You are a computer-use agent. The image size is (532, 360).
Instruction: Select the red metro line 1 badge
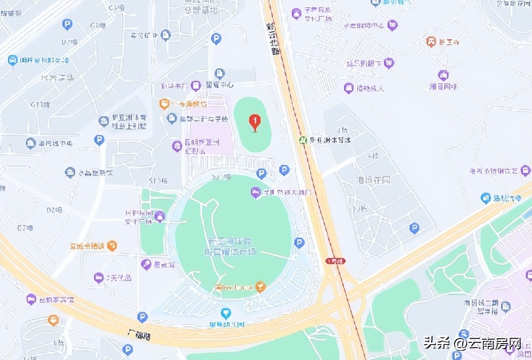tap(335, 261)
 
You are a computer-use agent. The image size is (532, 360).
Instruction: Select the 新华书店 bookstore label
tap(175, 85)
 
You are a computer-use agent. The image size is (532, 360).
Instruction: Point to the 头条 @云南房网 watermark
tap(472, 343)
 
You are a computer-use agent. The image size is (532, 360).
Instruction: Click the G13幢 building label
tap(40, 105)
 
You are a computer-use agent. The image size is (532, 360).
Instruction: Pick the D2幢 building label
tap(54, 210)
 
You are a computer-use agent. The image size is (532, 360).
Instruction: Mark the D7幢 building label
tap(26, 228)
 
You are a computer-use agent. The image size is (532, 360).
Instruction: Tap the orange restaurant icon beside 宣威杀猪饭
tap(112, 245)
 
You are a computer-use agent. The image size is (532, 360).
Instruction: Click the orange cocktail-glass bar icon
tap(261, 287)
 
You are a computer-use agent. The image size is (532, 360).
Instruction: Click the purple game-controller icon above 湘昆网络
tap(443, 75)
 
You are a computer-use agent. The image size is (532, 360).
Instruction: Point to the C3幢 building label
tap(117, 8)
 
